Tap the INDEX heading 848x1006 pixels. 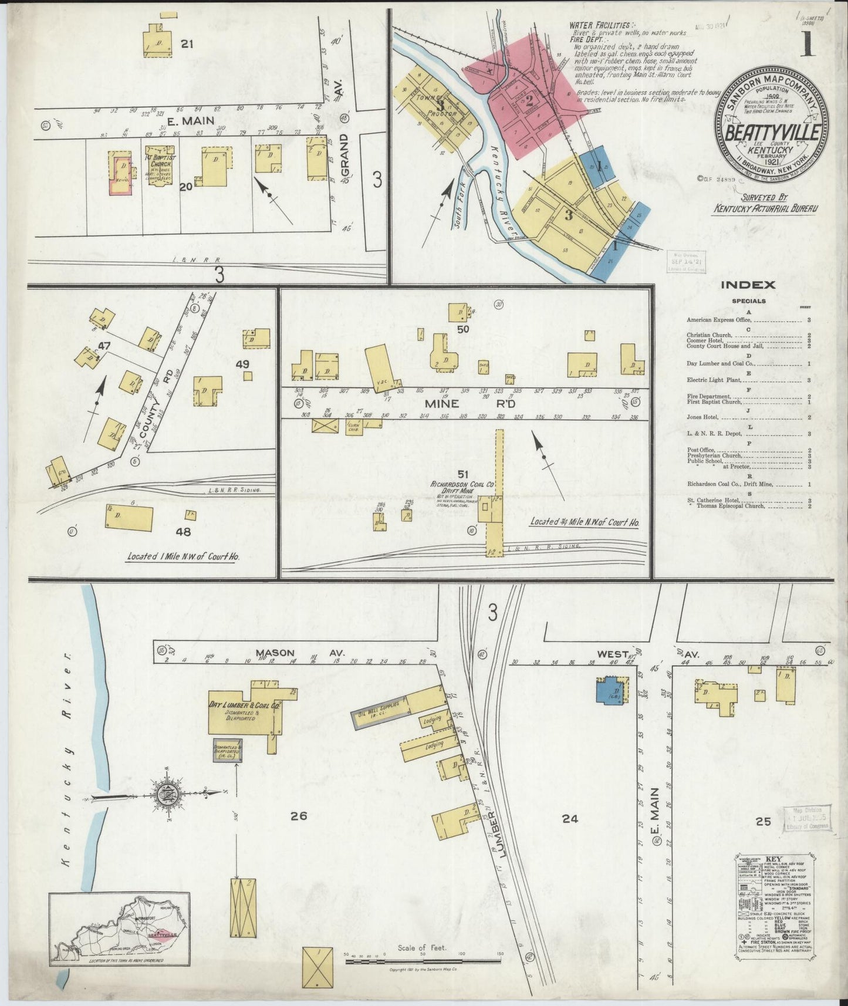click(748, 285)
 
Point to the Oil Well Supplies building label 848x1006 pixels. click(379, 709)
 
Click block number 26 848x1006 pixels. click(298, 815)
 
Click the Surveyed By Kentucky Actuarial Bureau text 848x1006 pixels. click(765, 203)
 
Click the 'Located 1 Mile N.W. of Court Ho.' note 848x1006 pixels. click(183, 556)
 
